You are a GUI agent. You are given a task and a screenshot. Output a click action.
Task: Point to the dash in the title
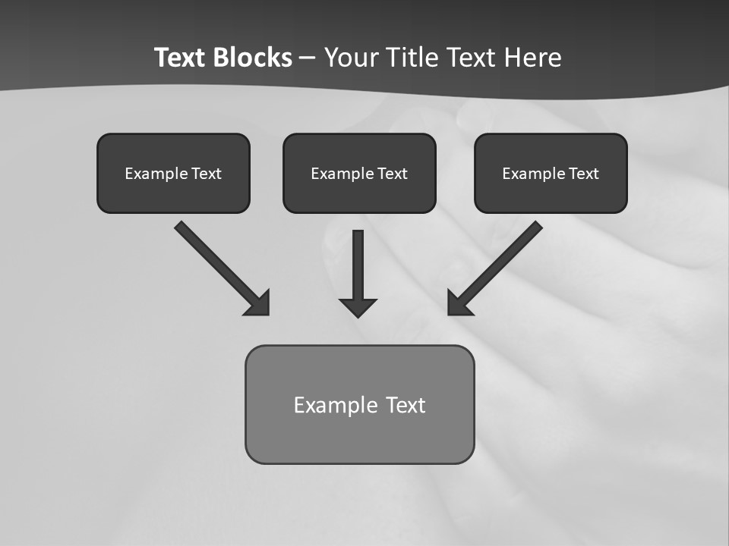click(x=308, y=58)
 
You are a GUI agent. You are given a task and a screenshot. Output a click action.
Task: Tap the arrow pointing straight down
click(x=358, y=269)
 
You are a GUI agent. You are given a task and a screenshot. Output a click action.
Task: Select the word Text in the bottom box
click(x=406, y=405)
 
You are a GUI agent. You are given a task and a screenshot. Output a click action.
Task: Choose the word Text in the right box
click(x=583, y=174)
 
